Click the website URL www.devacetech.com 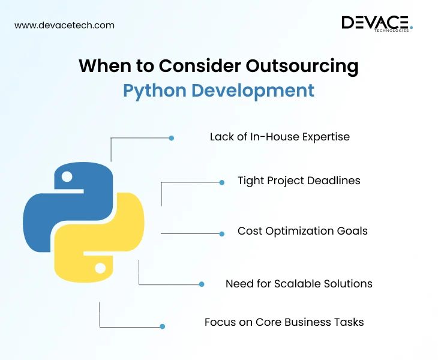(64, 25)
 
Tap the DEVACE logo (377, 23)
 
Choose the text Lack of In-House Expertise (280, 137)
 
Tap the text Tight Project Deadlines (299, 180)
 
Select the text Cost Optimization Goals (302, 231)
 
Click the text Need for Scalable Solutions (299, 284)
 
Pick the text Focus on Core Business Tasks (284, 322)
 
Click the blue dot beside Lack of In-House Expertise (172, 138)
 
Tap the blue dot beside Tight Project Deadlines (222, 182)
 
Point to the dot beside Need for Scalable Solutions (202, 284)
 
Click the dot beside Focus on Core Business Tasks (162, 326)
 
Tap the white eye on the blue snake (67, 177)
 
